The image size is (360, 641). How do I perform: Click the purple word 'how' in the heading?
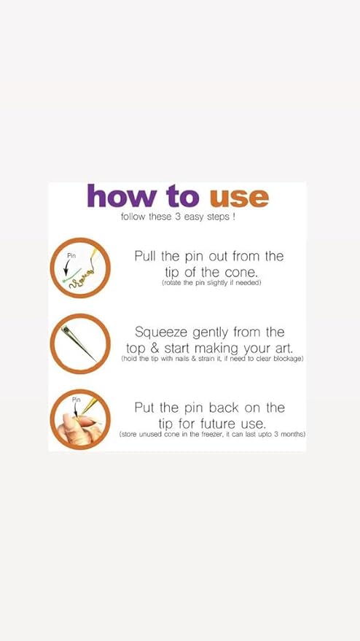coord(121,196)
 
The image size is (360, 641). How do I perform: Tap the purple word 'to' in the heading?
coord(183,197)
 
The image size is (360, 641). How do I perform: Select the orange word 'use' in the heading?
coord(240,198)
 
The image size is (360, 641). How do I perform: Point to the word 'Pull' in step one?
coord(146,256)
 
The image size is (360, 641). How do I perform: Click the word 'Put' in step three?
coord(144,408)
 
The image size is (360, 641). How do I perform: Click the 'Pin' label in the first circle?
coord(71,255)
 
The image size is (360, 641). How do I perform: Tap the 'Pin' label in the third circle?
coord(77,400)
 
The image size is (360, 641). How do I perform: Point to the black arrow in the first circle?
coord(67,268)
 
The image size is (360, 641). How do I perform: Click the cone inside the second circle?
coord(78,343)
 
